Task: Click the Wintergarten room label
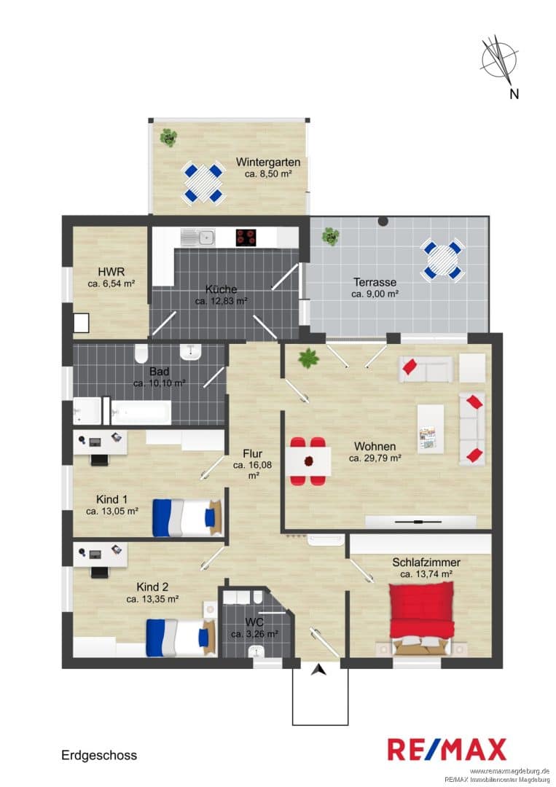click(x=268, y=162)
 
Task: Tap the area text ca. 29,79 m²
click(x=375, y=458)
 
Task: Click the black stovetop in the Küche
click(x=246, y=238)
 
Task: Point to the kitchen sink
click(x=197, y=238)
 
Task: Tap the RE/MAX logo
click(x=447, y=749)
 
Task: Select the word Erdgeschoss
click(x=99, y=755)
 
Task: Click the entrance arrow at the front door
click(x=318, y=669)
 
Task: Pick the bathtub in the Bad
click(x=141, y=412)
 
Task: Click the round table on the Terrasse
click(x=442, y=260)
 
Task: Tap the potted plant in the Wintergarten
click(x=168, y=138)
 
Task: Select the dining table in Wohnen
click(x=310, y=461)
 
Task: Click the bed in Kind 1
click(x=187, y=517)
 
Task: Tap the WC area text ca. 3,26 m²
click(x=254, y=634)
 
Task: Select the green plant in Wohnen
click(x=308, y=359)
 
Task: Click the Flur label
click(x=252, y=454)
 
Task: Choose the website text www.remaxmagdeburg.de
click(x=509, y=770)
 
